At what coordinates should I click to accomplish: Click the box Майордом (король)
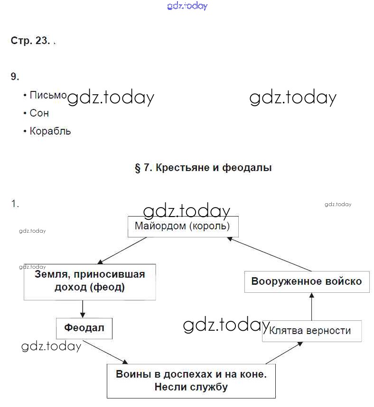pyautogui.click(x=183, y=226)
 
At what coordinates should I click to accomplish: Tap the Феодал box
pyautogui.click(x=84, y=328)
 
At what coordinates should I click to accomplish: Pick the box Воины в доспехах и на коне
pyautogui.click(x=191, y=380)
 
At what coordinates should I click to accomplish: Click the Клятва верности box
pyautogui.click(x=311, y=331)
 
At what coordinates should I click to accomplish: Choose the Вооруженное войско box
pyautogui.click(x=306, y=281)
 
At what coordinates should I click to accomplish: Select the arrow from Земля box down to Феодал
pyautogui.click(x=83, y=308)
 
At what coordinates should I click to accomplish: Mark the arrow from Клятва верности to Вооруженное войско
pyautogui.click(x=311, y=307)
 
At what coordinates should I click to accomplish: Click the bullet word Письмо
pyautogui.click(x=48, y=95)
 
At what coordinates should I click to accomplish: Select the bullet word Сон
pyautogui.click(x=39, y=113)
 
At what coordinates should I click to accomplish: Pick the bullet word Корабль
pyautogui.click(x=50, y=131)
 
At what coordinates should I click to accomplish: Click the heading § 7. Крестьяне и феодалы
pyautogui.click(x=203, y=168)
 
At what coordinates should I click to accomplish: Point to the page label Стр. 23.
pyautogui.click(x=30, y=41)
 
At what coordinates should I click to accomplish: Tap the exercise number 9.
pyautogui.click(x=15, y=76)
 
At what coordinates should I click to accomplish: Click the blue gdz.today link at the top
pyautogui.click(x=187, y=6)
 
